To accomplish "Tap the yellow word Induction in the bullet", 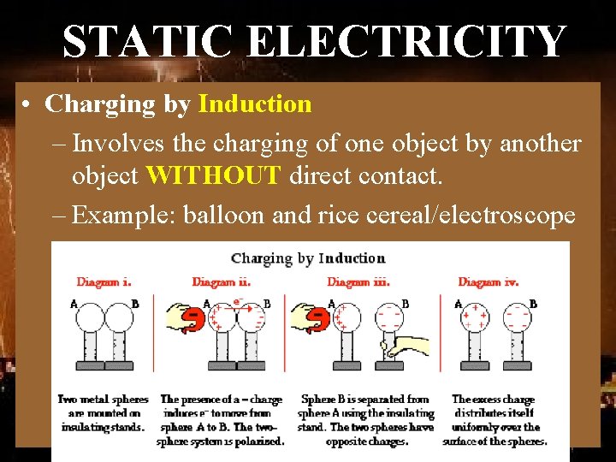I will tap(255, 104).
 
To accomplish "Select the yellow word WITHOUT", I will tap(214, 176).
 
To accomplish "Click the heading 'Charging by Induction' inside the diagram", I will tap(308, 258).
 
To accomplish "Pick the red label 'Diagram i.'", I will tap(104, 281).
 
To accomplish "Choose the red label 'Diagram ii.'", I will tap(221, 281).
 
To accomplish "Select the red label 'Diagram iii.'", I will tap(358, 281).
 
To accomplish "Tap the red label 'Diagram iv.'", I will tap(489, 281).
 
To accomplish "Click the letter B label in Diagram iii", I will tap(405, 303).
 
